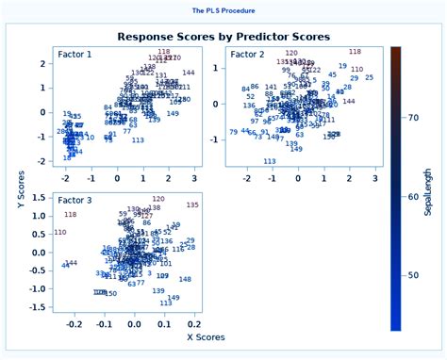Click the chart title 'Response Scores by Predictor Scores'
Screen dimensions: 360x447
click(223, 37)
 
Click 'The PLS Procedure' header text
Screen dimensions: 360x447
click(223, 11)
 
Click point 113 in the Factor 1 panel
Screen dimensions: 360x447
click(138, 140)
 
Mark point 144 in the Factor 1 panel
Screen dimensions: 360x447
click(189, 73)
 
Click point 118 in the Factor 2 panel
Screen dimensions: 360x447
click(355, 52)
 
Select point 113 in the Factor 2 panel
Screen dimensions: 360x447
click(270, 161)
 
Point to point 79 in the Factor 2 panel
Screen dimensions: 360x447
click(233, 132)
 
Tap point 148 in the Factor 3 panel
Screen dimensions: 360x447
click(185, 279)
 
